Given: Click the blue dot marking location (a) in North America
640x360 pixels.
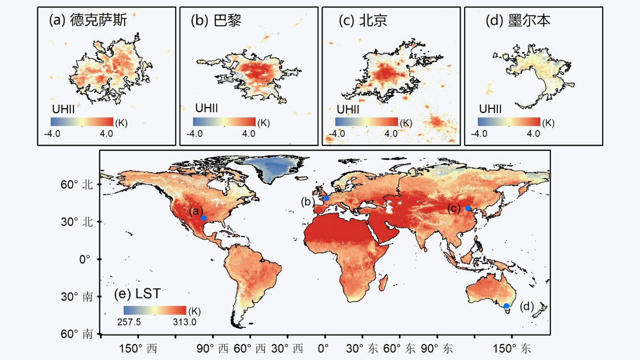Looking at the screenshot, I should pyautogui.click(x=203, y=217).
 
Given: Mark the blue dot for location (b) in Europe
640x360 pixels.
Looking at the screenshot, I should pyautogui.click(x=326, y=198).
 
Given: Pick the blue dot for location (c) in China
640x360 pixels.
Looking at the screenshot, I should pyautogui.click(x=468, y=208).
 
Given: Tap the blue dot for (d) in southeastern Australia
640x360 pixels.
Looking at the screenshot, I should pyautogui.click(x=506, y=305).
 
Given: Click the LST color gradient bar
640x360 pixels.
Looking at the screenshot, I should pyautogui.click(x=155, y=309).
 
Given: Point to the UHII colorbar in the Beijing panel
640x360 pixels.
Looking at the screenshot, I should pyautogui.click(x=366, y=122).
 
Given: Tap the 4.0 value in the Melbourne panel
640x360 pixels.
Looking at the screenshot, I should pyautogui.click(x=533, y=134).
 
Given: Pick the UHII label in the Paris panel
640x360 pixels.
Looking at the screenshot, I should pyautogui.click(x=206, y=108).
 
